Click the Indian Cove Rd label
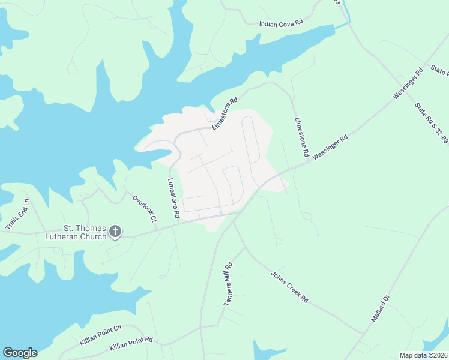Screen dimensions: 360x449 tap(281, 23)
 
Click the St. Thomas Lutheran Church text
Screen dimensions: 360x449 tap(85, 232)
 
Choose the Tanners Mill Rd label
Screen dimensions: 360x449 tap(228, 284)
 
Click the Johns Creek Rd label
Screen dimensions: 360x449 tap(289, 287)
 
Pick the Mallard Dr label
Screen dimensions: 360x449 tap(381, 307)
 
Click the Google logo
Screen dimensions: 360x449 tap(20, 353)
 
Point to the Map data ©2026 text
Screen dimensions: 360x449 tap(423, 355)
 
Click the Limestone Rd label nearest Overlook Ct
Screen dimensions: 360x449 tap(173, 198)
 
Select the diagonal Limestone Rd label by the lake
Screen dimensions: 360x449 tap(225, 113)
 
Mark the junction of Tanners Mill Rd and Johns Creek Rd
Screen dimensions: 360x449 tap(245, 246)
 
